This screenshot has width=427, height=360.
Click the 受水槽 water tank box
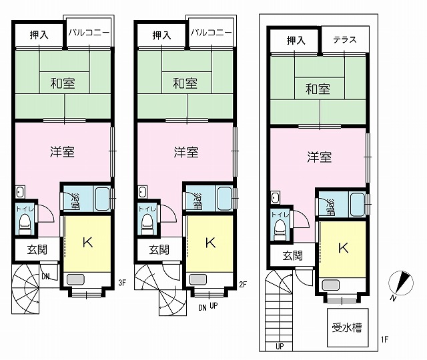(x=348, y=327)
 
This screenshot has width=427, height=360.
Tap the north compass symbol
(x=401, y=283)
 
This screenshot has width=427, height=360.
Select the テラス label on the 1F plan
(x=345, y=40)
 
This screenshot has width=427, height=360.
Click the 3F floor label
(x=122, y=283)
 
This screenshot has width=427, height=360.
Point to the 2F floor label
(x=243, y=285)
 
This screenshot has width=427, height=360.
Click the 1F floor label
(x=384, y=339)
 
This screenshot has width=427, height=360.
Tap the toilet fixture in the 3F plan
(x=25, y=224)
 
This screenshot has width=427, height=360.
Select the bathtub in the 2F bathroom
(x=225, y=199)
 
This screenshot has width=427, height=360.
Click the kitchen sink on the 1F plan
(x=331, y=285)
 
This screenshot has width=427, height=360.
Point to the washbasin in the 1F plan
(x=276, y=197)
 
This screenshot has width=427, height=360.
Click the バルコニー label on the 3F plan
(x=89, y=33)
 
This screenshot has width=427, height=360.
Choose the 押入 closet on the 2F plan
(x=161, y=35)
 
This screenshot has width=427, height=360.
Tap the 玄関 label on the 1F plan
(x=292, y=256)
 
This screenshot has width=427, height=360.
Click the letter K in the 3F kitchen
(x=87, y=242)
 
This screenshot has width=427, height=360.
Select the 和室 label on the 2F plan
(x=185, y=83)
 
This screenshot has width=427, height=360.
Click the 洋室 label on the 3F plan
(x=62, y=151)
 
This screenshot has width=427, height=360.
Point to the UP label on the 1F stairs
(x=280, y=347)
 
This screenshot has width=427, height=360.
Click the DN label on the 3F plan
(x=46, y=277)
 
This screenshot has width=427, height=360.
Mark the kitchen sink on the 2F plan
(x=198, y=279)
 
